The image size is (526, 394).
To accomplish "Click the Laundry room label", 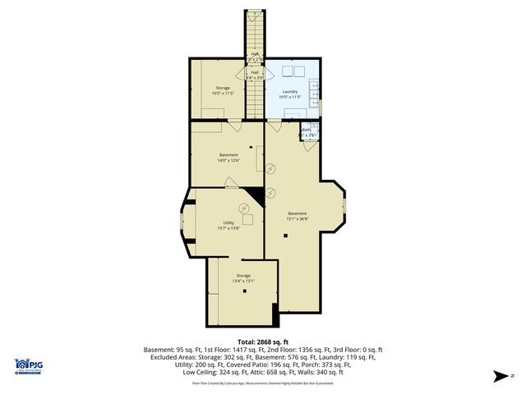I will tap(289, 91).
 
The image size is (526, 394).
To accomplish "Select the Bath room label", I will tap(306, 130).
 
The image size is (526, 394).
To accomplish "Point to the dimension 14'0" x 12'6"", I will tap(228, 161).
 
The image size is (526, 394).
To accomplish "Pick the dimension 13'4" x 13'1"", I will tap(243, 281).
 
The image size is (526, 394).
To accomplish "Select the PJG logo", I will tap(30, 368).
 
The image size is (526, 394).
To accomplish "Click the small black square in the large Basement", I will tap(286, 236).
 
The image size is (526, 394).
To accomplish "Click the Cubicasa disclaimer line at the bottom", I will tap(262, 383).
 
